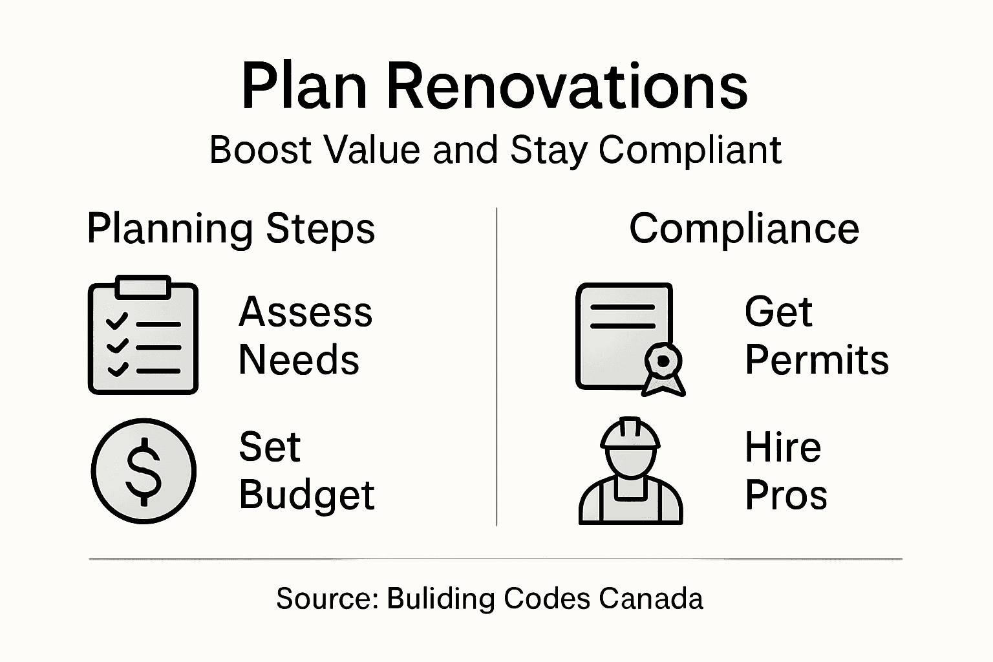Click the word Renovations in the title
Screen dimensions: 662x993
click(567, 87)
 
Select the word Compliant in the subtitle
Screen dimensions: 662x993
click(690, 150)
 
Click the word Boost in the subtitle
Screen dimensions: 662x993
click(261, 150)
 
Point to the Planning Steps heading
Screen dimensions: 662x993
click(231, 229)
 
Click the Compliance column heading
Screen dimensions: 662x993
click(744, 229)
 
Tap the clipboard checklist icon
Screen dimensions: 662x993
click(143, 336)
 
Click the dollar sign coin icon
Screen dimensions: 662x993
click(144, 470)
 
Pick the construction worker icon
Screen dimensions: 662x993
click(630, 472)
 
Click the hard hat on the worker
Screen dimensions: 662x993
click(630, 434)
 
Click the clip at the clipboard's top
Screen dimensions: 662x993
click(143, 286)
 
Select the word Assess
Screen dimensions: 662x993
click(305, 312)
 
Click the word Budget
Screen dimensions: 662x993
click(306, 496)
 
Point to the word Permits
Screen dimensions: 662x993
click(817, 359)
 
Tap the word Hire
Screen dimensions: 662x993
click(782, 447)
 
